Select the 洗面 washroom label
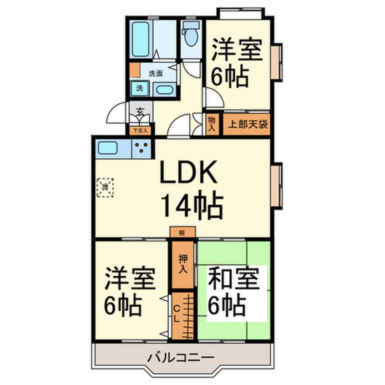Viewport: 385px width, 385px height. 156,72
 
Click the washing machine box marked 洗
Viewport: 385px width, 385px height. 140,88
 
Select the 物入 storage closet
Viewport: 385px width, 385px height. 212,123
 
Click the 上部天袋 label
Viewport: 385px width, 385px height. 247,124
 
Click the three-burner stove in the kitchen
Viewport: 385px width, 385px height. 142,148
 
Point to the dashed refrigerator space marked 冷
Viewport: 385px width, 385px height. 106,187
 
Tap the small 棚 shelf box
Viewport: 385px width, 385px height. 182,233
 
